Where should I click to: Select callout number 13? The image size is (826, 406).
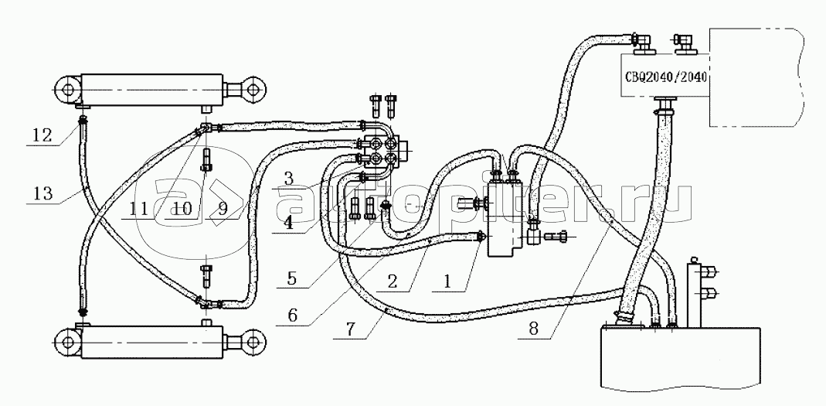point(42,193)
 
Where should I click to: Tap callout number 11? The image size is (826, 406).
point(139,210)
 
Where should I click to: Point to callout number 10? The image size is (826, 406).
point(179,210)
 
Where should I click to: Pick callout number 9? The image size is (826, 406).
point(223,210)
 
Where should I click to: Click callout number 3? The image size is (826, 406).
point(287,178)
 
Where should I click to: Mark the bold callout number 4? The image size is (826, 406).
point(287,223)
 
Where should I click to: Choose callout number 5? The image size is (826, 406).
point(292,278)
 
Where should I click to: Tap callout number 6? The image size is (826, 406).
point(292,316)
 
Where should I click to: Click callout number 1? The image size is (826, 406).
point(447,281)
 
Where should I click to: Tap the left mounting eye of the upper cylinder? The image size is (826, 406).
point(67,90)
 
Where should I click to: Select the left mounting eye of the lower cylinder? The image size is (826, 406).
point(67,342)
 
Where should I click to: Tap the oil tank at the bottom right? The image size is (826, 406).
point(679,358)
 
